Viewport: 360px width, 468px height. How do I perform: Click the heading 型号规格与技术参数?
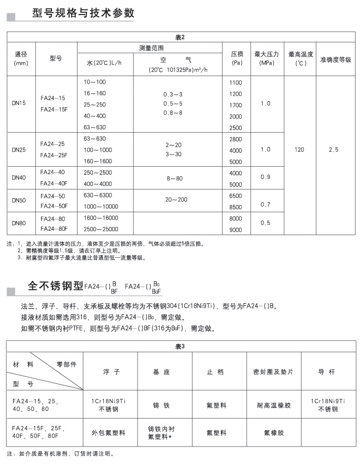[83, 13]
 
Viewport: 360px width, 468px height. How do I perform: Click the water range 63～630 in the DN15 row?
[95, 127]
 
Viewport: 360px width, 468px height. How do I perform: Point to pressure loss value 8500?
[235, 207]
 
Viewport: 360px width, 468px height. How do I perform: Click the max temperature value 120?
[300, 150]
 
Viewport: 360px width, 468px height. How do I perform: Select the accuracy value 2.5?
[333, 150]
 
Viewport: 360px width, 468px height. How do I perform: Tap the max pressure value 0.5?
[265, 223]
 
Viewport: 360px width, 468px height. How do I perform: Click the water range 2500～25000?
[101, 229]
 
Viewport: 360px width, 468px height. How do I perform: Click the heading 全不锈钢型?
[55, 286]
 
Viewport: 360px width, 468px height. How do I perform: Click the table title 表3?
[180, 346]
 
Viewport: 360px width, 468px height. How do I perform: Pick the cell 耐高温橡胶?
[273, 405]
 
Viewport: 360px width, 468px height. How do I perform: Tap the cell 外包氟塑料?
[108, 432]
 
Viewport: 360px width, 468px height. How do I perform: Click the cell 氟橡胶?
[273, 432]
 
